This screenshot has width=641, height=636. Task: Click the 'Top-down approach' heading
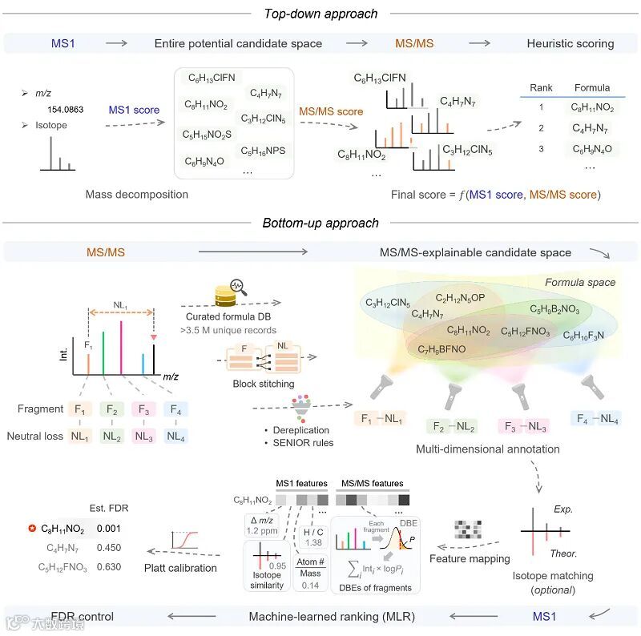pos(320,13)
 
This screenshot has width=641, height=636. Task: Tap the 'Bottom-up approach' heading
pos(320,223)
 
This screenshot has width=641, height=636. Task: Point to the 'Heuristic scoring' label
pos(570,43)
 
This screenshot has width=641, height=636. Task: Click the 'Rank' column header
pos(541,88)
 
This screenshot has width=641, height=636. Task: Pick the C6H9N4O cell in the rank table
pos(591,148)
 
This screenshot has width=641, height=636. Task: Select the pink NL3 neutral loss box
pos(143,437)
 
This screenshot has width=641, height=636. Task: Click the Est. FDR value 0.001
pos(109,529)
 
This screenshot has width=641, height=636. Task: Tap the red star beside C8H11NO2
pos(32,529)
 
